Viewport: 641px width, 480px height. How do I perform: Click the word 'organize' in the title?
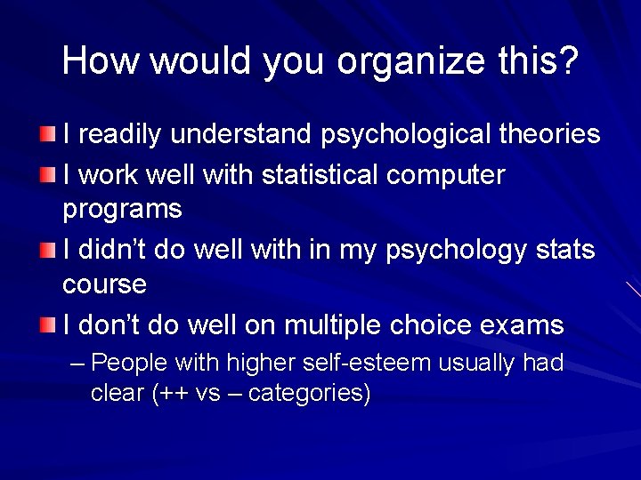(x=415, y=61)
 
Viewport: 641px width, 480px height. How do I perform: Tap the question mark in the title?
(x=570, y=60)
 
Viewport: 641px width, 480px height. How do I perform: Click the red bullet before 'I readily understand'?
(x=47, y=134)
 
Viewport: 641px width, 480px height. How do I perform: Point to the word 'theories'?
(x=549, y=134)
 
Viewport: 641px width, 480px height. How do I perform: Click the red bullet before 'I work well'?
(x=47, y=175)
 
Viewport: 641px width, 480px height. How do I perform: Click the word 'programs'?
(x=122, y=211)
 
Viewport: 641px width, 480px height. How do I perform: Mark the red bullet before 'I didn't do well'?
(x=47, y=251)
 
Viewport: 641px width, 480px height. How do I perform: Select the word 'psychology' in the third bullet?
(x=457, y=252)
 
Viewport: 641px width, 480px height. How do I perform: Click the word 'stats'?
(x=565, y=251)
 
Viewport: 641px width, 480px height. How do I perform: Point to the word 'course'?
(x=104, y=284)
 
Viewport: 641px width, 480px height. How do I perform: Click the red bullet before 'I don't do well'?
(x=47, y=325)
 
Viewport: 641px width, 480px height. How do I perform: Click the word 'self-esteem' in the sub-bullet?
(x=376, y=363)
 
